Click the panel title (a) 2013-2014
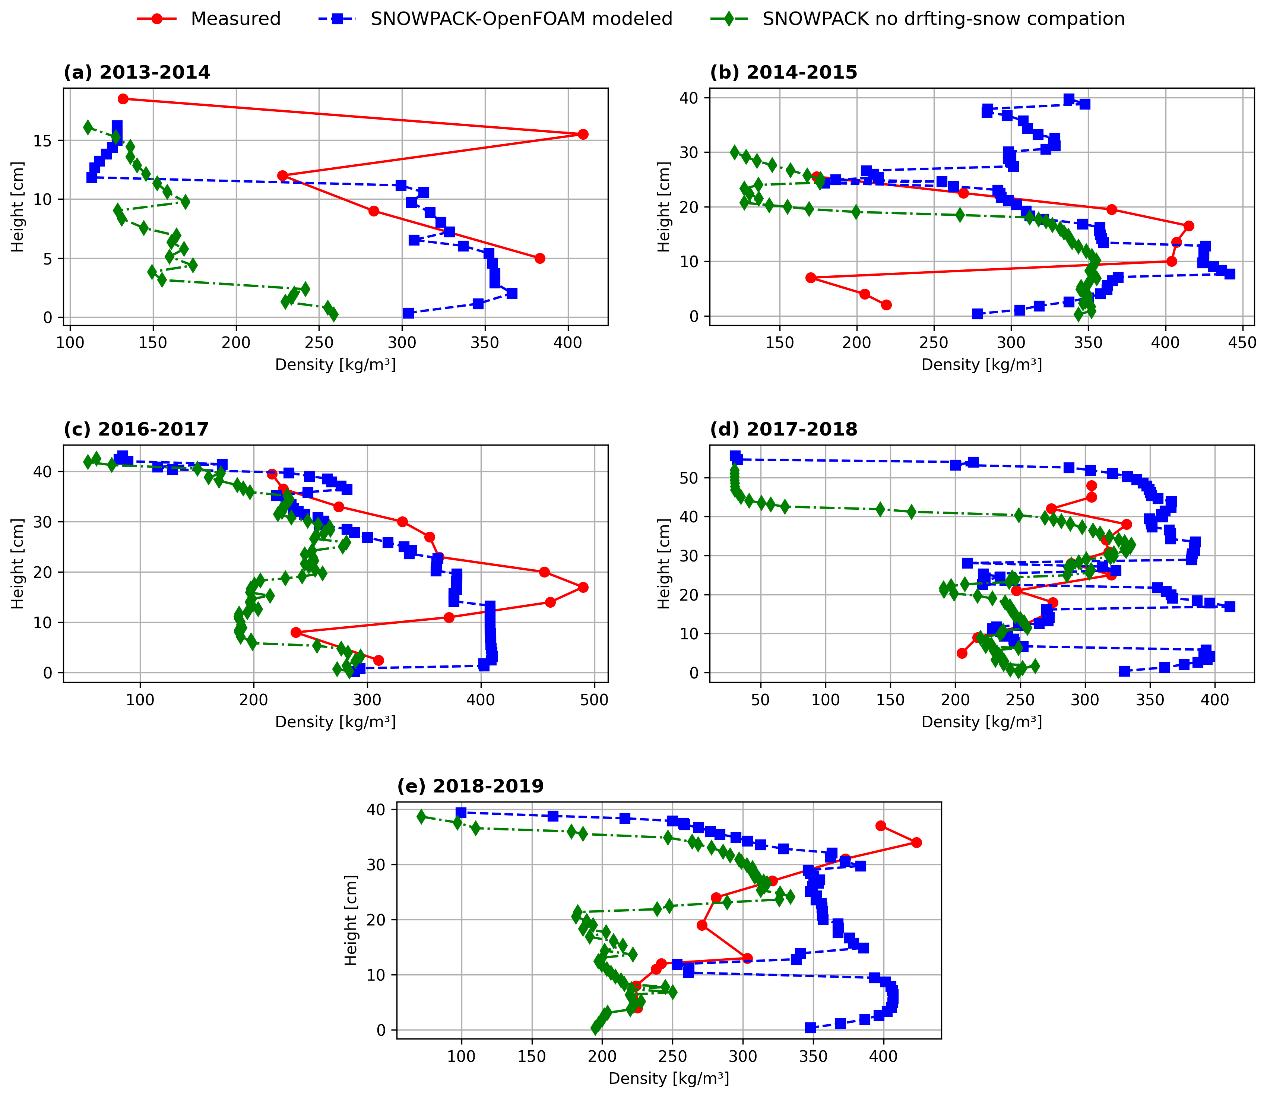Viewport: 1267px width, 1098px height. pos(137,72)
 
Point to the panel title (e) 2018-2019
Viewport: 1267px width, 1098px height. pos(470,786)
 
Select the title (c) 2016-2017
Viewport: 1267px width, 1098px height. pos(136,429)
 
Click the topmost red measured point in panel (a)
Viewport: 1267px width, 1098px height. pos(123,99)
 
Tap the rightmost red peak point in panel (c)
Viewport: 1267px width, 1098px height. pos(583,587)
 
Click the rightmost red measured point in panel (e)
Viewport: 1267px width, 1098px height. pos(916,842)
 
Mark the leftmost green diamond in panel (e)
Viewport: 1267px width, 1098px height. pos(421,816)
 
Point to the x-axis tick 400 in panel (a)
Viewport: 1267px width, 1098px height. pos(568,342)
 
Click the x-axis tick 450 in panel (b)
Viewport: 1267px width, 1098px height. pos(1242,342)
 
